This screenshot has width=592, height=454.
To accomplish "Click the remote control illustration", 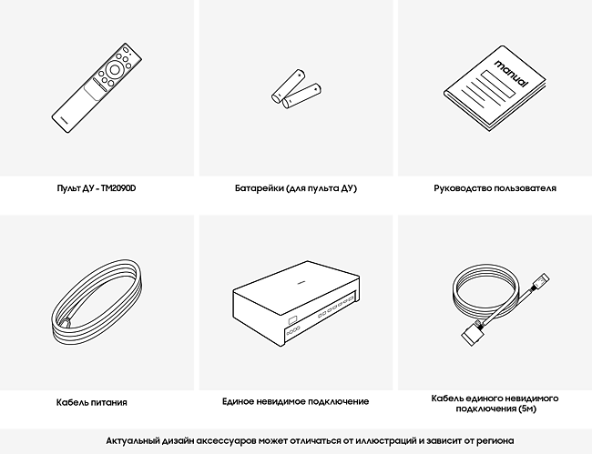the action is click(97, 88).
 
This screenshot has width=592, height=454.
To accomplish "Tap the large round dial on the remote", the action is click(114, 70).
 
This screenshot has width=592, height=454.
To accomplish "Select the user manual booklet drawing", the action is click(495, 88).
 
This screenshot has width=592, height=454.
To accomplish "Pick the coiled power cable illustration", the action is click(97, 301).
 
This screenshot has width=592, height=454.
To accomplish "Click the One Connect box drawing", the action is click(296, 303).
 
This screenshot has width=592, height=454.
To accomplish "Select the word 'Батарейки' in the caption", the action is click(260, 188).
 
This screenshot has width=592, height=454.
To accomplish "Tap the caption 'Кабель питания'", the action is click(92, 402).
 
